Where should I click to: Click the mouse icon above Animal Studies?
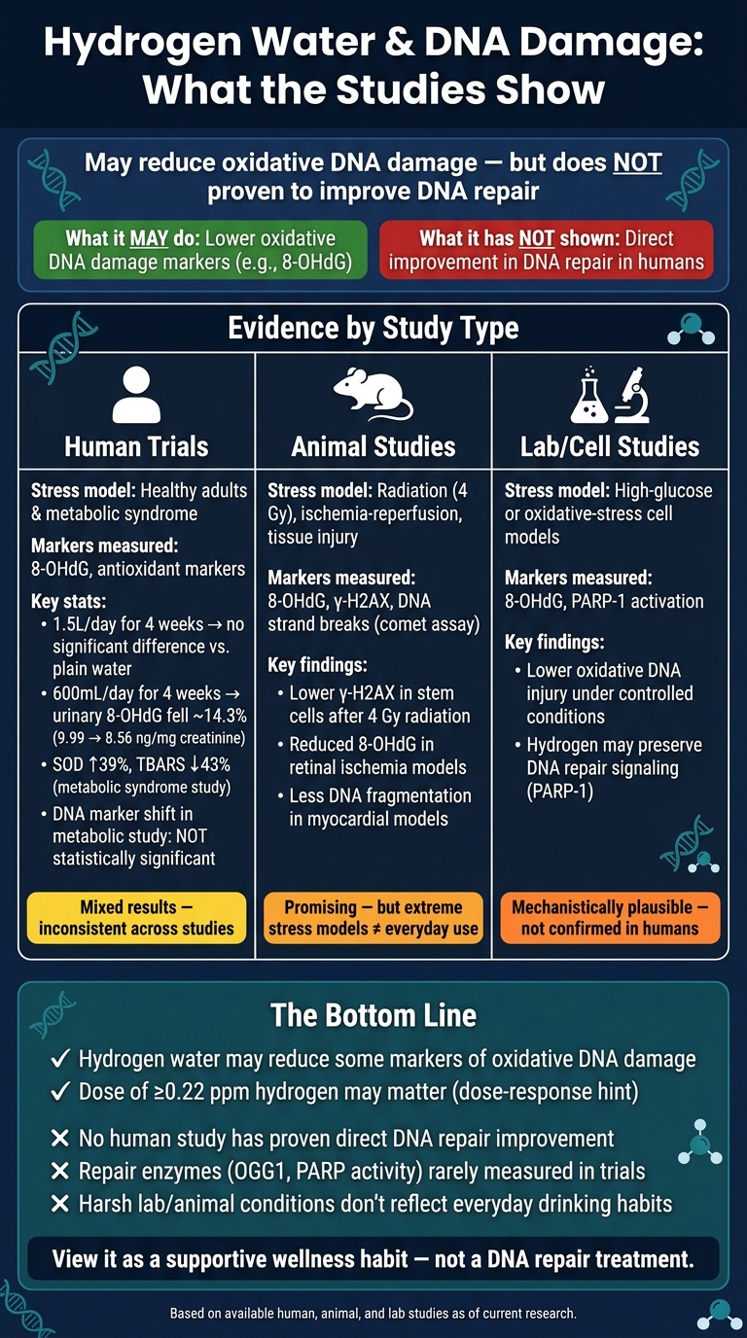pos(373,393)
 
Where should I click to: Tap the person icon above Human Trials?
pos(136,394)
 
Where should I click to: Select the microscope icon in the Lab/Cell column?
pos(633,395)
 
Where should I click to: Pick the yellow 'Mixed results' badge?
pos(136,918)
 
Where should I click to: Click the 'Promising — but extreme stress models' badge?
pos(373,918)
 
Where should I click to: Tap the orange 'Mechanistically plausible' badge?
pos(610,918)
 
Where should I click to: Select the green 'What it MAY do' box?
pos(200,250)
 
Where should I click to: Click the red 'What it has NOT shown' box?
pos(547,250)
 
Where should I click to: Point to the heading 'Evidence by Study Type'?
pos(373,328)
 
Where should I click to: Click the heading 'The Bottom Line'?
pos(373,1015)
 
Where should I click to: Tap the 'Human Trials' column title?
pos(136,446)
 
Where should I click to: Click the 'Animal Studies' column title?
pos(373,446)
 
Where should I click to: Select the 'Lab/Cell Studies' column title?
pos(610,446)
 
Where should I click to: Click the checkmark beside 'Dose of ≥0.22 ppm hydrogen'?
pos(60,1091)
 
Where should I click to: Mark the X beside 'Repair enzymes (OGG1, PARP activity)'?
pos(60,1171)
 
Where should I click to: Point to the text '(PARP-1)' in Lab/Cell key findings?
pos(560,792)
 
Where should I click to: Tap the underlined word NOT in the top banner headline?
pos(638,162)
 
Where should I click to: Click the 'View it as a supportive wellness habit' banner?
pos(373,1259)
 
